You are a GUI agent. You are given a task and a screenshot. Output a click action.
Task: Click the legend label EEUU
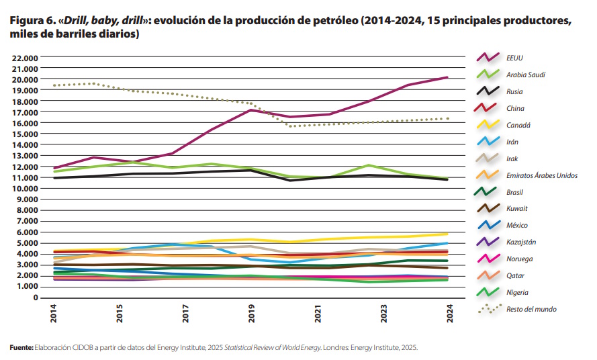tap(514, 58)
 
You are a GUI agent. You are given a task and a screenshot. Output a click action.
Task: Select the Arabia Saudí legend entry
tap(525, 75)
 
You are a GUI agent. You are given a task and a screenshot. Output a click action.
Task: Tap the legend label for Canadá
tap(518, 125)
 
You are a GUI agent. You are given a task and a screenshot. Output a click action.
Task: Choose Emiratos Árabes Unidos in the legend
tap(541, 175)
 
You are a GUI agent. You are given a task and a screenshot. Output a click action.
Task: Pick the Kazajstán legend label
tap(521, 242)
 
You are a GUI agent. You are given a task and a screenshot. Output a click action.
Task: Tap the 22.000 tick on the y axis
tap(25, 58)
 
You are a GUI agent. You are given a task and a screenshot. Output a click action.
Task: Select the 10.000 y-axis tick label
tap(25, 189)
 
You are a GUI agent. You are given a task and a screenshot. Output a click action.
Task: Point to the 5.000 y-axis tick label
tap(27, 243)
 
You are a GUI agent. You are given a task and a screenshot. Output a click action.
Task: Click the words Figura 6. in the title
tap(32, 21)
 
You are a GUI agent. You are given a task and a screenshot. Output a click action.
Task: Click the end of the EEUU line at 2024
tap(448, 78)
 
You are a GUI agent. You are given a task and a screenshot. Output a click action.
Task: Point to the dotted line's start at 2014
tap(54, 85)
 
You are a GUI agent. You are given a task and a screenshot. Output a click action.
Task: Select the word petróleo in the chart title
tap(331, 21)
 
